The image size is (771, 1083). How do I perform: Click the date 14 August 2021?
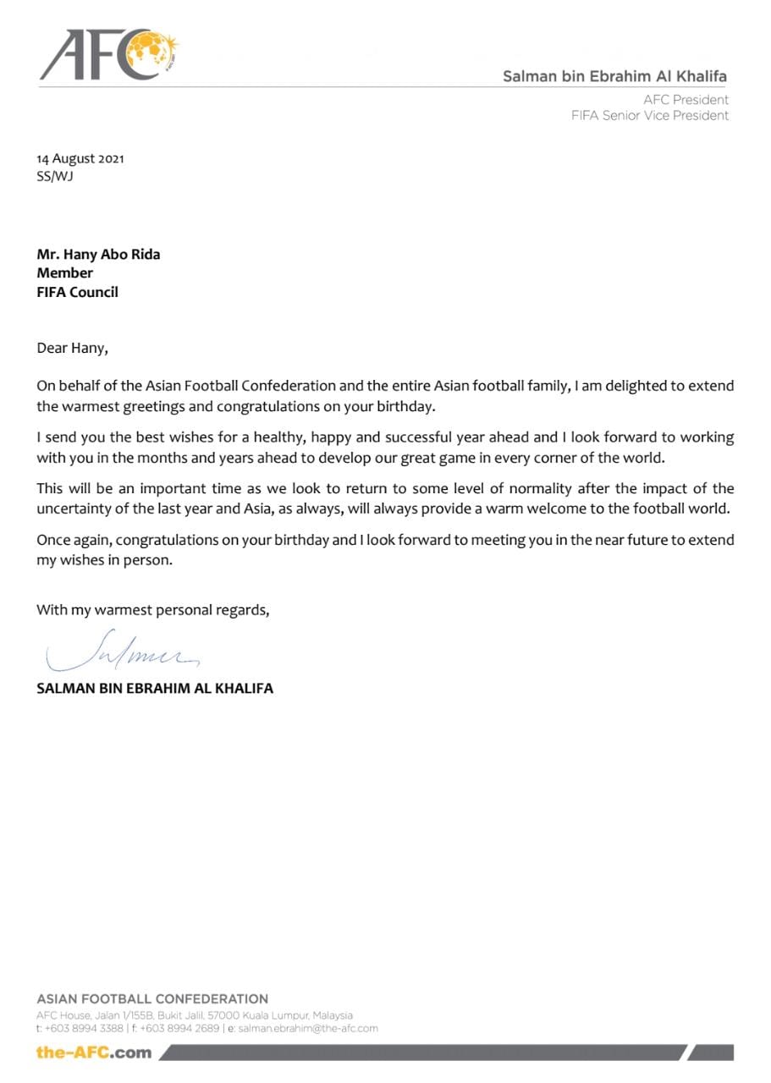click(80, 159)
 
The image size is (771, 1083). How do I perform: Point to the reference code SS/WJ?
click(55, 177)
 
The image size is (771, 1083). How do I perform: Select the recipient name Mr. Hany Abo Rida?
click(98, 255)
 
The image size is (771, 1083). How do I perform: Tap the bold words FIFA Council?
click(77, 292)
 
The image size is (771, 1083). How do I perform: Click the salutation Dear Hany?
click(73, 347)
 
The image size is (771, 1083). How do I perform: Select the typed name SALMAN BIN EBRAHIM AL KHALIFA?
click(155, 689)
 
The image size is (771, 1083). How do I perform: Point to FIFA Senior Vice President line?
click(649, 116)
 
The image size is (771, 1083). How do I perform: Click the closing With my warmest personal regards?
click(153, 610)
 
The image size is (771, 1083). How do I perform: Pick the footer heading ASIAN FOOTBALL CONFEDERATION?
click(152, 999)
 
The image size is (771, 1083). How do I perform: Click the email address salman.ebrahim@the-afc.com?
click(308, 1029)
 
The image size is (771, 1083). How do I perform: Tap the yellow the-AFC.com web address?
click(94, 1053)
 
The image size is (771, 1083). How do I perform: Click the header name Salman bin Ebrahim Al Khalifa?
click(614, 76)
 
